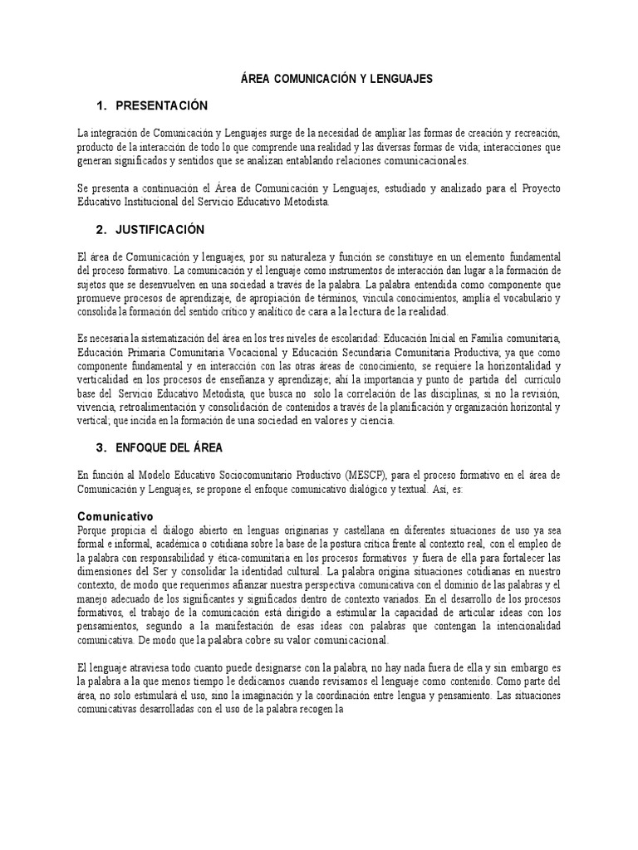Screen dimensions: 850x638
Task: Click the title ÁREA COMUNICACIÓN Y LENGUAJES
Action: pos(336,79)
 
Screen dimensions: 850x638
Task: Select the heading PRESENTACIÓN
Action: pos(161,105)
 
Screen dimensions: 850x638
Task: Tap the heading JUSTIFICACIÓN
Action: pos(160,228)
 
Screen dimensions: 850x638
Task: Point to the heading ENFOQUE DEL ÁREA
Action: pos(169,447)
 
